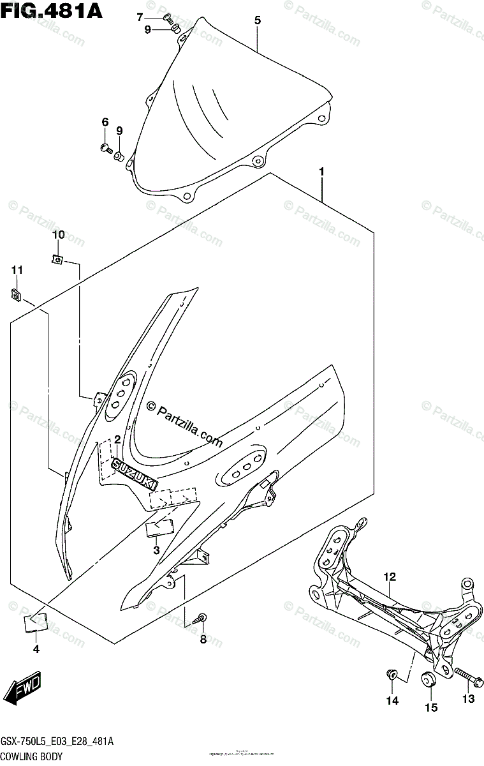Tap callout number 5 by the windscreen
(258, 20)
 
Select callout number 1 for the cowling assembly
(322, 172)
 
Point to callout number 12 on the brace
(390, 577)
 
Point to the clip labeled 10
(57, 259)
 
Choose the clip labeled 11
(16, 294)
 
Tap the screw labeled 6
(105, 149)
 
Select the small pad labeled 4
(35, 622)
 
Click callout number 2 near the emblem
(117, 439)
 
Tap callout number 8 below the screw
(203, 640)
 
